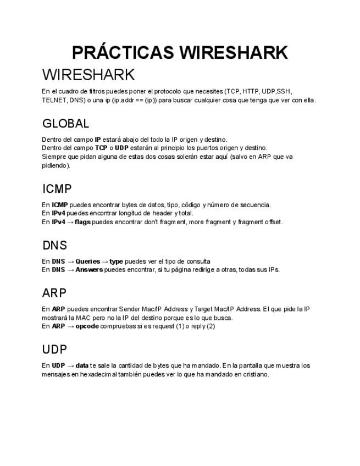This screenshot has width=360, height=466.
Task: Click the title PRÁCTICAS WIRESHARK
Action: pos(180,53)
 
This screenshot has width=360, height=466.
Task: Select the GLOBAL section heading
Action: pos(65,124)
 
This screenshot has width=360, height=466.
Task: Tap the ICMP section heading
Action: pos(57,189)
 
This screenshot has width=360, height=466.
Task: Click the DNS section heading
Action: pos(54,246)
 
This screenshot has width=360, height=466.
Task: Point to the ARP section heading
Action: pos(54,293)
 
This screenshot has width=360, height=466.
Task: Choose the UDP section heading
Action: pos(54,349)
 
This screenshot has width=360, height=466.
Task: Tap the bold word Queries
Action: pos(88,261)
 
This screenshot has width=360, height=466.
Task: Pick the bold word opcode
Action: pos(87,326)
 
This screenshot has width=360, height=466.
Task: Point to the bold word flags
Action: pos(82,222)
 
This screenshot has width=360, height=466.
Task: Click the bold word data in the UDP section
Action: pos(82,365)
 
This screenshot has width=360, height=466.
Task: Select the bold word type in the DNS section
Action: pos(116,261)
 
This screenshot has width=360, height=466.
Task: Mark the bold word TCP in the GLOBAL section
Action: pos(101,148)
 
